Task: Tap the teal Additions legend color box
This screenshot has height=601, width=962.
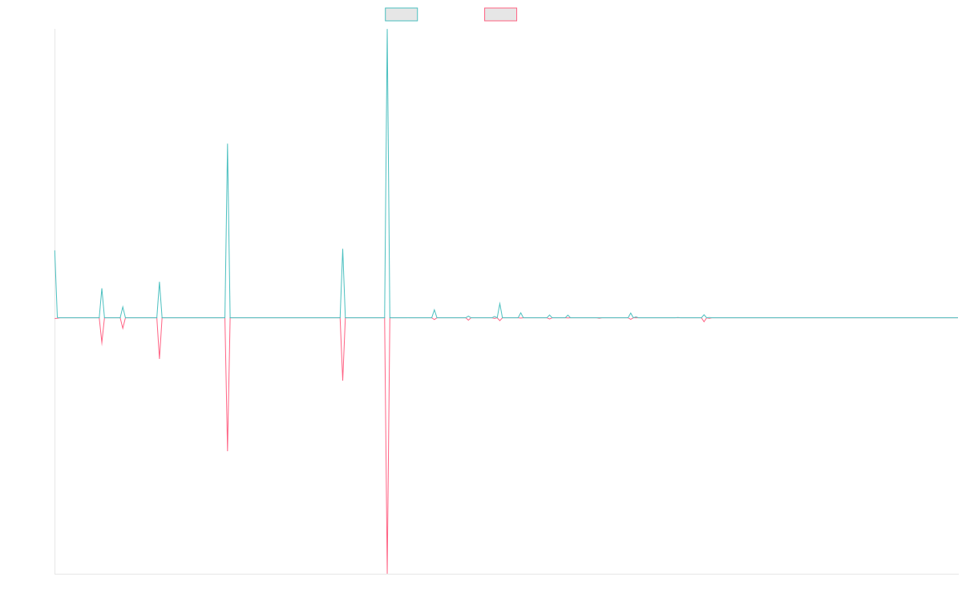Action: pos(402,14)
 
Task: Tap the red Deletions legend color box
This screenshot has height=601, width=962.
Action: pos(501,14)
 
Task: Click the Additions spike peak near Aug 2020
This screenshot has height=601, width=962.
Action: pos(228,144)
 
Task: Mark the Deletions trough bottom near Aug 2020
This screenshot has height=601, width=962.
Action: pos(228,451)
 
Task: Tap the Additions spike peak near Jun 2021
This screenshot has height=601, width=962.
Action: pos(342,249)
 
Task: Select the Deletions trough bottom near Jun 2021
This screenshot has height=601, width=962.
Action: pos(342,380)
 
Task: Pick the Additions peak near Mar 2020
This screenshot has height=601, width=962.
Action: pos(160,282)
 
